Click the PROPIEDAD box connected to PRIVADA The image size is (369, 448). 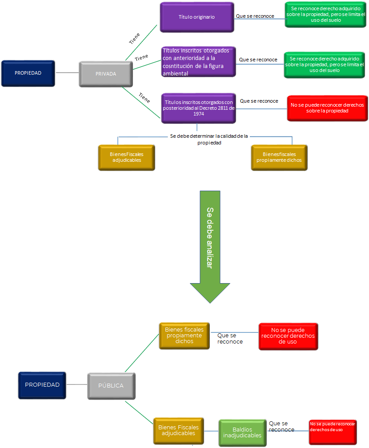(x=28, y=73)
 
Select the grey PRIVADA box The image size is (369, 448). (x=106, y=74)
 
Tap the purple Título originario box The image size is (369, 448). (x=197, y=17)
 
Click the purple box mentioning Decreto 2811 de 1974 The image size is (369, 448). (x=199, y=108)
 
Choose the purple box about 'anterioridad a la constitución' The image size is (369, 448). (x=199, y=62)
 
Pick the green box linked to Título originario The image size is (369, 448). (x=325, y=15)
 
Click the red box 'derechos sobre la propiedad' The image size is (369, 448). (x=328, y=108)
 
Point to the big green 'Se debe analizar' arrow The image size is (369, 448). (x=210, y=247)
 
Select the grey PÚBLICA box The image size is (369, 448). (x=111, y=386)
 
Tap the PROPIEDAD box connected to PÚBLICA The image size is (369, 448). (x=42, y=385)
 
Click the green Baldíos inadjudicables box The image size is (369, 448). (x=242, y=432)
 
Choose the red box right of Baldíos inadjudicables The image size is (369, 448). (x=333, y=432)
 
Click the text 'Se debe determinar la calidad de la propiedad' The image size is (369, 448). (x=209, y=139)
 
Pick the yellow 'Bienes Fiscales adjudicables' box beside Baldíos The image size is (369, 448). (x=179, y=431)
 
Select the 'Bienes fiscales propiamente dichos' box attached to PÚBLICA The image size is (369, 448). (x=184, y=336)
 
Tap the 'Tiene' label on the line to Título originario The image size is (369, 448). (x=134, y=39)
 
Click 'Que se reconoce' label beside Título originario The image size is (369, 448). (x=255, y=16)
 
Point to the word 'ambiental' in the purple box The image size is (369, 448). (x=176, y=73)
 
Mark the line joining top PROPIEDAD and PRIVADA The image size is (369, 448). (x=67, y=72)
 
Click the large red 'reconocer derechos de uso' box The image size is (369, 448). (x=288, y=336)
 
